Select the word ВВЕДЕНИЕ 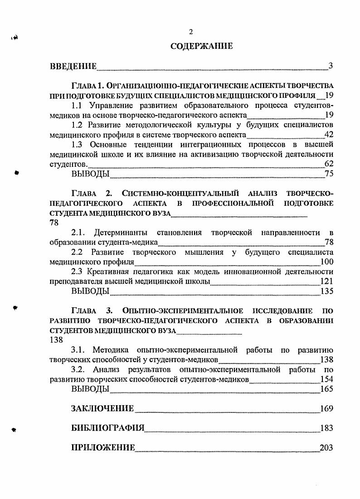[x=73, y=67]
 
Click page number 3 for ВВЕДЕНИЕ [x=331, y=67]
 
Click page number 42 [x=329, y=135]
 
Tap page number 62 [x=329, y=164]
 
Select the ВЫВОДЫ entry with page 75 [x=90, y=174]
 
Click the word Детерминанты [x=119, y=233]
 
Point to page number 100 [x=326, y=262]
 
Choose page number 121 [x=326, y=281]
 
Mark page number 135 [x=326, y=291]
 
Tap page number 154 [x=326, y=379]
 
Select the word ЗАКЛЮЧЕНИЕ [x=102, y=409]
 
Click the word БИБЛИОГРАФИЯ [x=108, y=428]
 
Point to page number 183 [x=326, y=428]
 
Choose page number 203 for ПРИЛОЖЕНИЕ [x=326, y=448]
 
